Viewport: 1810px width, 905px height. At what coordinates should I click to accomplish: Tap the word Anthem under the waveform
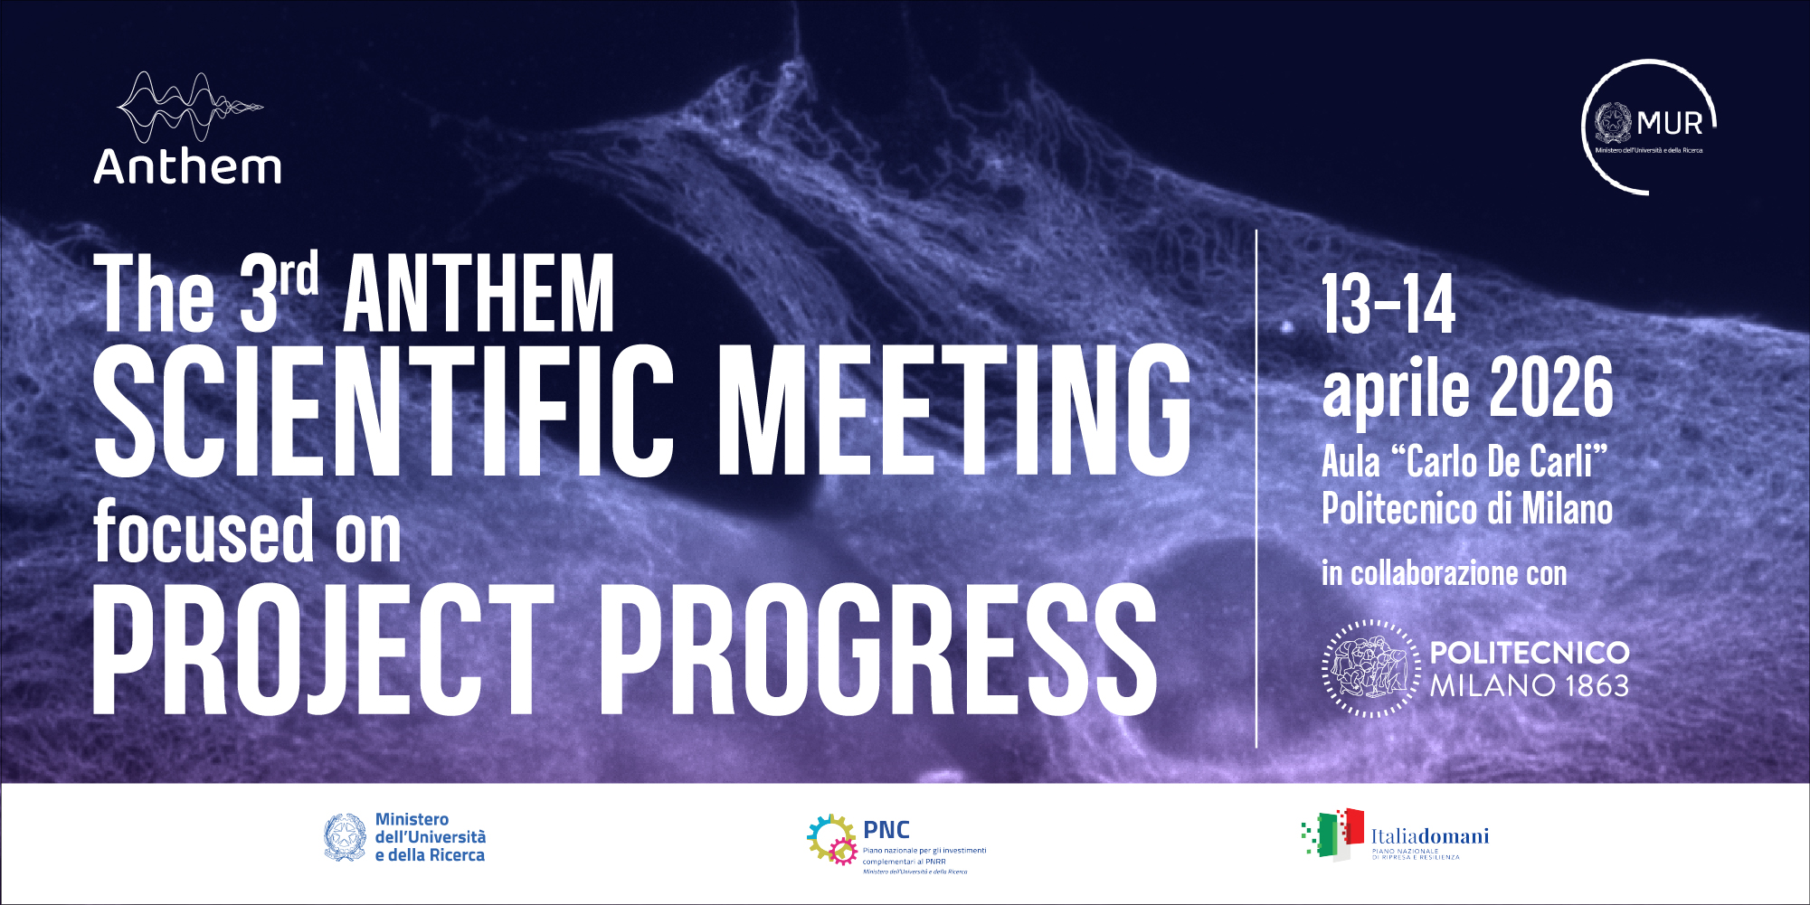coord(187,167)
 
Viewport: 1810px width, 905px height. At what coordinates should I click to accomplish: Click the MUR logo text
coord(1669,123)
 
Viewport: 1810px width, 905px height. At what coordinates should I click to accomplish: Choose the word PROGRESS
coord(877,650)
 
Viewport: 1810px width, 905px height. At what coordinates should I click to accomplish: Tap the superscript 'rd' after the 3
coord(299,275)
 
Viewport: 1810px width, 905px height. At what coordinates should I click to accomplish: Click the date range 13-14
coord(1388,305)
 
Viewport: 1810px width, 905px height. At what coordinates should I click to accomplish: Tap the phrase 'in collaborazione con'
coord(1444,573)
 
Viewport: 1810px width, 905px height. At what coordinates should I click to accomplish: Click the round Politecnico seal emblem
coord(1371,668)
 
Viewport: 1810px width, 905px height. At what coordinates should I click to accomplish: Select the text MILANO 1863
coord(1529,686)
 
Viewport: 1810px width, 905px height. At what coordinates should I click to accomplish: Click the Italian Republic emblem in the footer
coord(345,837)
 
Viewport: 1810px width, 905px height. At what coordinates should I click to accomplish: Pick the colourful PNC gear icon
coord(831,839)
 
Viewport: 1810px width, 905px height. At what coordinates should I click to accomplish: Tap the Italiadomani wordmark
coord(1429,836)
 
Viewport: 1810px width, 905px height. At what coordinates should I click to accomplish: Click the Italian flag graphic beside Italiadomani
coord(1333,834)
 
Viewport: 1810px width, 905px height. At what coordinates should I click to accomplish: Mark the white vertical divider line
coord(1256,488)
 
